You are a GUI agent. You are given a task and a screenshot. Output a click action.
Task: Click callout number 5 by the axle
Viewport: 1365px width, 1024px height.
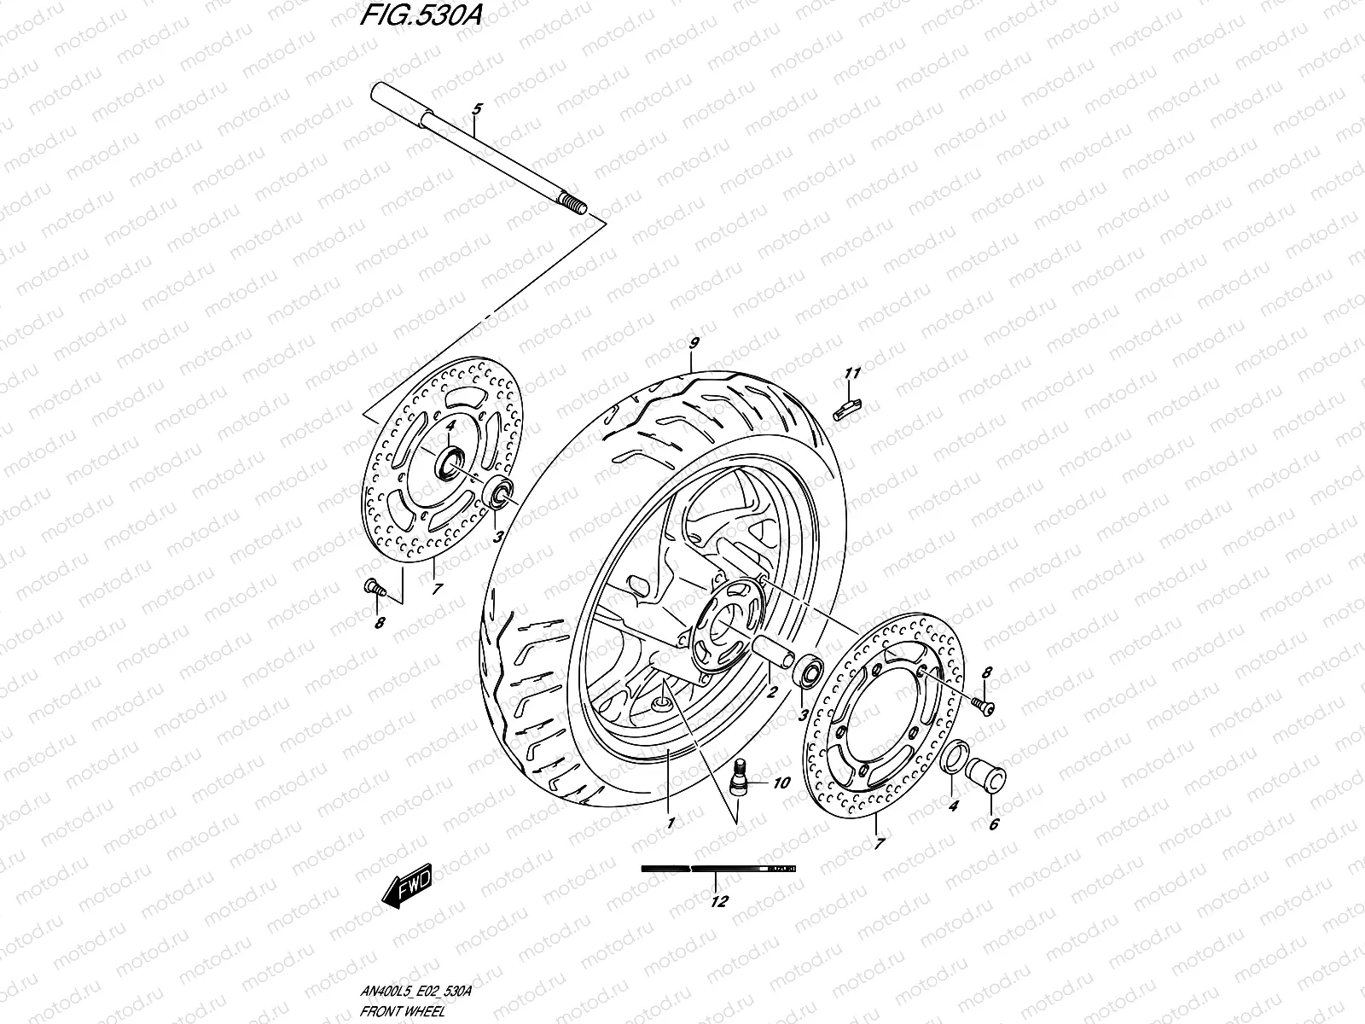click(x=476, y=110)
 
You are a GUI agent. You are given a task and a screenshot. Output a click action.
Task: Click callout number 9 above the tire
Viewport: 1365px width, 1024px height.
click(x=694, y=344)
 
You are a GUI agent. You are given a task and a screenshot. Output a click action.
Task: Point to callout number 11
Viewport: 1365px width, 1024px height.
click(x=852, y=373)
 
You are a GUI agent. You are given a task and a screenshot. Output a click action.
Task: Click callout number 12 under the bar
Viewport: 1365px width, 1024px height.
click(x=718, y=901)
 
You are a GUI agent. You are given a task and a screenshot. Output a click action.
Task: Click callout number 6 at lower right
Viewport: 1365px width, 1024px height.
click(x=993, y=824)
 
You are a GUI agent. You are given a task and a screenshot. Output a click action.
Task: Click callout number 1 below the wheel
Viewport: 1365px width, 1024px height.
click(x=670, y=823)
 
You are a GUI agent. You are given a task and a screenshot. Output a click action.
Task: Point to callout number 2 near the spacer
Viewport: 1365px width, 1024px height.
click(x=770, y=693)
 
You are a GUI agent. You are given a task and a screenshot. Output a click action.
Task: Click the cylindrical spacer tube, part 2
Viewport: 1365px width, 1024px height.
click(x=771, y=656)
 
